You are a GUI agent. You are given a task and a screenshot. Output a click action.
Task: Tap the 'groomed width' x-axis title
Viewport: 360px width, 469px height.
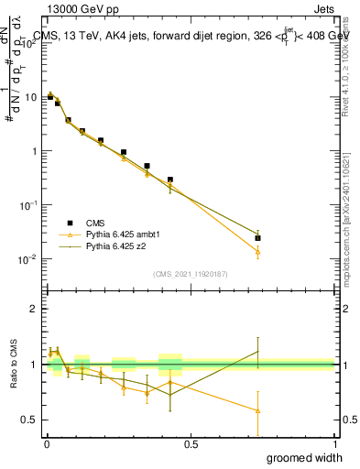[x=306, y=457]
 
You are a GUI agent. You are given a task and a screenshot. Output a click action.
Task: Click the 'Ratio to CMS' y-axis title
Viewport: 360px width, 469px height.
[x=12, y=365]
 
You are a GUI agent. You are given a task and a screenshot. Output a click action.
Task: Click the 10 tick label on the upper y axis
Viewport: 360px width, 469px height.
[x=31, y=97]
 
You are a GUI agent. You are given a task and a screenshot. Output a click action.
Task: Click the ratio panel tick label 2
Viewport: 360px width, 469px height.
[x=34, y=309]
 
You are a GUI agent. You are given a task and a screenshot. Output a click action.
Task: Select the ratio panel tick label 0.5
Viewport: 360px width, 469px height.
[x=30, y=420]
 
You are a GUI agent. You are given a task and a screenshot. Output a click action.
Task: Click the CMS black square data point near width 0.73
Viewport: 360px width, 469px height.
[x=257, y=238]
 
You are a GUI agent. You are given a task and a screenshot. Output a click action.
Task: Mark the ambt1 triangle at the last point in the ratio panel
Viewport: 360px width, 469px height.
[x=257, y=410]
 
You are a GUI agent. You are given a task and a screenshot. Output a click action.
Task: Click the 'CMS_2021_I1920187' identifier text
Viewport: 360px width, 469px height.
[x=190, y=274]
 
